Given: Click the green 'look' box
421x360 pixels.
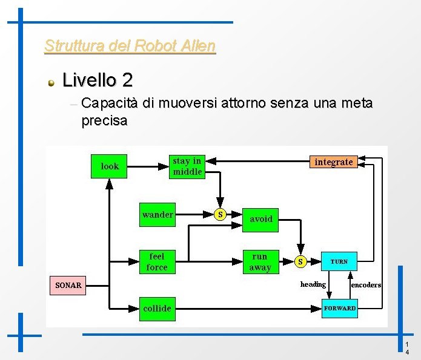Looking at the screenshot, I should pyautogui.click(x=110, y=166).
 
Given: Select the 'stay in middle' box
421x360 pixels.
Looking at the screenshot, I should pyautogui.click(x=187, y=166).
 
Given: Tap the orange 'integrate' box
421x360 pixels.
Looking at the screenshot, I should pyautogui.click(x=333, y=162).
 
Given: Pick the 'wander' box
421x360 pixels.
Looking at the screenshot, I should pyautogui.click(x=157, y=215).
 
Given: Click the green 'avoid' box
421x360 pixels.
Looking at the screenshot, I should pyautogui.click(x=261, y=219).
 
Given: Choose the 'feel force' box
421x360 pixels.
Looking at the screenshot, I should pyautogui.click(x=157, y=261).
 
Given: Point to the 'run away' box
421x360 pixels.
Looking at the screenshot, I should pyautogui.click(x=260, y=261).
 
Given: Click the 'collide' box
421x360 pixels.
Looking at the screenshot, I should pyautogui.click(x=157, y=309).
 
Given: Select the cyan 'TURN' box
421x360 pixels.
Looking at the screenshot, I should pyautogui.click(x=339, y=262).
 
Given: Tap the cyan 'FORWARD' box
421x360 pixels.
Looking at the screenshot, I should pyautogui.click(x=340, y=309).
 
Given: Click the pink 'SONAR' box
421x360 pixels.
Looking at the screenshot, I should pyautogui.click(x=67, y=285).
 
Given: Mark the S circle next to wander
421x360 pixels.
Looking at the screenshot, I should pyautogui.click(x=220, y=214).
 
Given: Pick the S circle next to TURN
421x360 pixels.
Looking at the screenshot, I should pyautogui.click(x=300, y=261).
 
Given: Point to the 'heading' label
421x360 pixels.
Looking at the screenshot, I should pyautogui.click(x=313, y=284).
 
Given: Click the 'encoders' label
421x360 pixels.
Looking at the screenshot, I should pyautogui.click(x=366, y=284).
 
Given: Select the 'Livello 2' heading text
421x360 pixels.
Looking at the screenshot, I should pyautogui.click(x=97, y=80).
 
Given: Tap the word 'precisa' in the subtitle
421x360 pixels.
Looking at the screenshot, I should pyautogui.click(x=104, y=120).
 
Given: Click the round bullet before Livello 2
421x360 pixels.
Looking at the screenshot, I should pyautogui.click(x=53, y=82).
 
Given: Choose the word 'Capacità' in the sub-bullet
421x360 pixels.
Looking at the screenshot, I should pyautogui.click(x=110, y=103).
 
